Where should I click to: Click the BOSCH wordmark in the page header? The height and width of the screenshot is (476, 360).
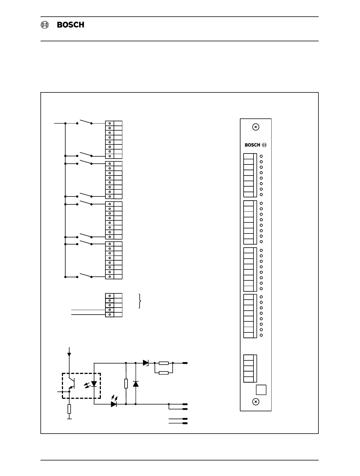point(71,25)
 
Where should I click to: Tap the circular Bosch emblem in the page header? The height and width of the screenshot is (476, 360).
point(45,25)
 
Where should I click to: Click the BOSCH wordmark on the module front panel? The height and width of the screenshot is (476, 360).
point(252,145)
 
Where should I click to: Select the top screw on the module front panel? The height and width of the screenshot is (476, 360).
point(255,127)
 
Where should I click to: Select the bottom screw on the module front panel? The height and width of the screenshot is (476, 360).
point(255,402)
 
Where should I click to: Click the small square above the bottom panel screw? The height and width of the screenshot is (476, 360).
point(261,390)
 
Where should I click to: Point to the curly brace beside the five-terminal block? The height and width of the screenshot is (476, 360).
point(140,301)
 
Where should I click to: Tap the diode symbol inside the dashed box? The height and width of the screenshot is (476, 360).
point(94,384)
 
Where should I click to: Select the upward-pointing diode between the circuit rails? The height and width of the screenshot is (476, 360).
point(136,384)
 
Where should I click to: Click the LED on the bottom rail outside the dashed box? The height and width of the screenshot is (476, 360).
point(114,404)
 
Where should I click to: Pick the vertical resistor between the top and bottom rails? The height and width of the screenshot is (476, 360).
point(126,384)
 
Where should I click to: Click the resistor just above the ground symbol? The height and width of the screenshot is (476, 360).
point(69,409)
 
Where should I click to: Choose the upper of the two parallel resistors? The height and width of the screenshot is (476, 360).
point(164,363)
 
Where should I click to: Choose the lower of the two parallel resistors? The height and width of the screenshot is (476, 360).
point(164,373)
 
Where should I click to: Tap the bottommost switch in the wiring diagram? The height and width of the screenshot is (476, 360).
point(84,275)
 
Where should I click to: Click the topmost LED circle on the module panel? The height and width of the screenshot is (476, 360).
point(261,156)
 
